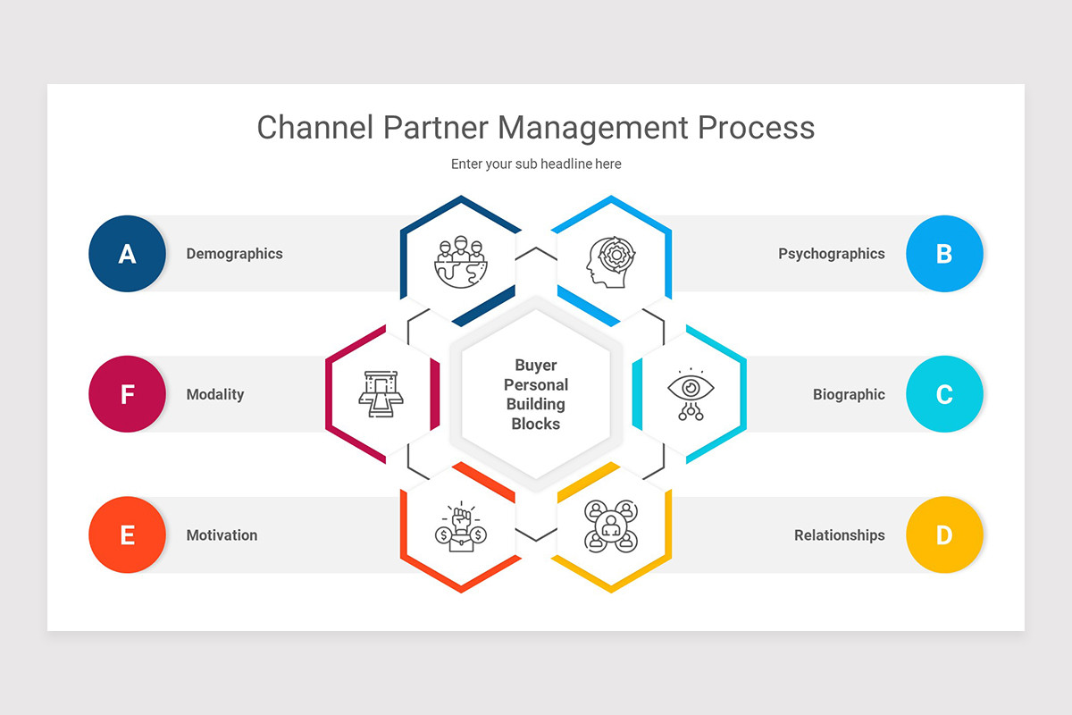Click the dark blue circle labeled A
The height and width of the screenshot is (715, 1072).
point(127,254)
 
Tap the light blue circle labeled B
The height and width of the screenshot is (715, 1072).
point(944,254)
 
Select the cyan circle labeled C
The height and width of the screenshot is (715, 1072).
point(944,394)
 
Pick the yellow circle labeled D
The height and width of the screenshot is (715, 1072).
point(944,535)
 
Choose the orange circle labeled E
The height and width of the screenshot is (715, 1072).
point(127,535)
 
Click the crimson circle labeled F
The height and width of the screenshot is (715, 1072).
point(127,394)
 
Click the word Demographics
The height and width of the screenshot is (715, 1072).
point(234,254)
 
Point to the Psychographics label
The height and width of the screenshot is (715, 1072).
point(831,254)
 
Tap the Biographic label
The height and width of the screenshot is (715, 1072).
point(849,394)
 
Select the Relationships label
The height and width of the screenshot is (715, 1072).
point(839,535)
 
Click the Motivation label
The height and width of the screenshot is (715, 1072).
point(222,535)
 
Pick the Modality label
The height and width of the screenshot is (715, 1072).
point(214,394)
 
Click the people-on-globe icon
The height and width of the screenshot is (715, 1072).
point(460,262)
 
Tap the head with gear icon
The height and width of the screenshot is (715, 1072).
point(611,262)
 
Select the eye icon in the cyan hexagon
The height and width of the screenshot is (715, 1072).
point(691,394)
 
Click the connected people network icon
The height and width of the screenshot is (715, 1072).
point(611,525)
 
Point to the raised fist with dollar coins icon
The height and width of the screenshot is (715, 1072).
point(460,526)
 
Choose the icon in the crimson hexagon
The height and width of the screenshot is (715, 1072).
point(381,394)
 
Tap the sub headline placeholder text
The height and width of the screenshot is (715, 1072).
point(536,164)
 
